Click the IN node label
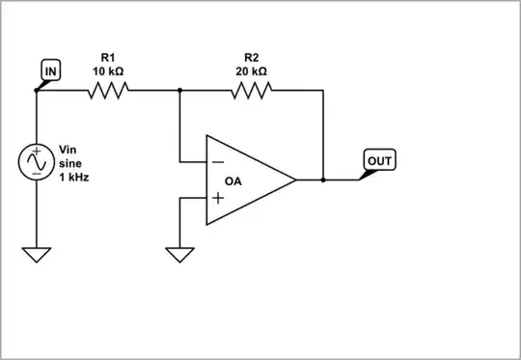click(x=49, y=70)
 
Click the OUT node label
click(x=379, y=160)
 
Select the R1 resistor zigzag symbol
click(x=108, y=91)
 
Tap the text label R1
click(x=108, y=58)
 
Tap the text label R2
click(x=253, y=58)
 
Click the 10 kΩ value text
click(x=108, y=71)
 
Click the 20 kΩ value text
click(x=253, y=71)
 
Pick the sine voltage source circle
click(x=36, y=162)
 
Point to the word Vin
click(x=68, y=150)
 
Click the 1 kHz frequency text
click(x=74, y=178)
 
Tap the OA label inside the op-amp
click(x=233, y=180)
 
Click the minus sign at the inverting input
click(x=219, y=160)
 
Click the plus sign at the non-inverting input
click(x=219, y=199)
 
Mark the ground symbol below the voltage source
click(x=36, y=254)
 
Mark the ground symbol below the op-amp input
click(x=179, y=255)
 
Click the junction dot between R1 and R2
click(x=179, y=91)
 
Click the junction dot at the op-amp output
click(x=323, y=180)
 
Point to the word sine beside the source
click(x=70, y=164)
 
